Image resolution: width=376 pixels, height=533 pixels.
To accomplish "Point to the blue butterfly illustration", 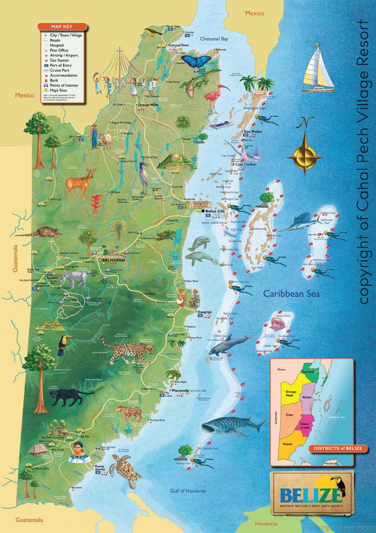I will point(196,62).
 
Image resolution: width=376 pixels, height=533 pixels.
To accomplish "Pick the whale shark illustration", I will point(233,426).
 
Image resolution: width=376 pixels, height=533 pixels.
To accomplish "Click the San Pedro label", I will point(252,132).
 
